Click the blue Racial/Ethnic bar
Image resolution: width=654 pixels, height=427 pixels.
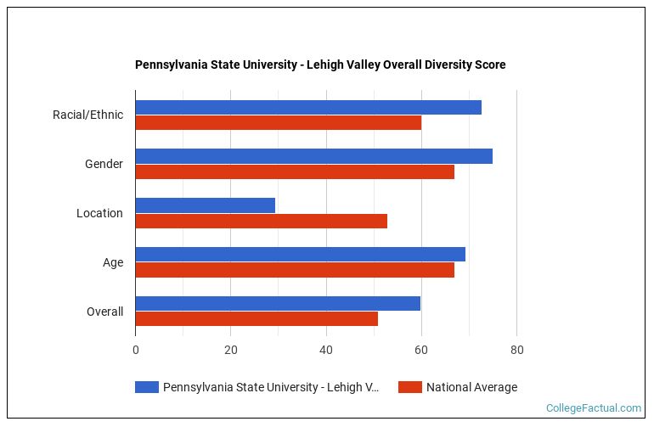tap(307, 107)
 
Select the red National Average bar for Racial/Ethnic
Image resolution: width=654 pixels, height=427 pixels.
tap(278, 123)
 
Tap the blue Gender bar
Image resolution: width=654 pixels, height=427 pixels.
tap(313, 156)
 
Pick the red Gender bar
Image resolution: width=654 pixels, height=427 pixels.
tap(295, 172)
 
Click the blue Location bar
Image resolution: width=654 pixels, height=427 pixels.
tap(205, 205)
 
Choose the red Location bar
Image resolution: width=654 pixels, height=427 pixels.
tap(261, 222)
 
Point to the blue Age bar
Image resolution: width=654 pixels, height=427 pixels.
tap(300, 255)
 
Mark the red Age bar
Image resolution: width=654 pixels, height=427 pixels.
tap(295, 271)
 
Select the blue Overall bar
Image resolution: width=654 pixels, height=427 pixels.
tap(278, 304)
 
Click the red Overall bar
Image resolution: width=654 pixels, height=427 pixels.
tap(257, 319)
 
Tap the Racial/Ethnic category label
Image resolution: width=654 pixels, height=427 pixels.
tap(87, 115)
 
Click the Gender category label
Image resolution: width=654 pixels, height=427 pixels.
tap(104, 164)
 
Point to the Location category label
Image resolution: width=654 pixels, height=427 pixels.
tap(99, 213)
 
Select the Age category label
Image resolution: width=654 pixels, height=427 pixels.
tap(113, 262)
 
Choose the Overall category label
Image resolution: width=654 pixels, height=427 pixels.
tap(104, 312)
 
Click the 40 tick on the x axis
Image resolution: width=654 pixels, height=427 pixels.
tap(325, 350)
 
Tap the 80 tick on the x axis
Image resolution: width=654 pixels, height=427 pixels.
tap(516, 350)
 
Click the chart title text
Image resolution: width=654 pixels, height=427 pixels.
tap(320, 65)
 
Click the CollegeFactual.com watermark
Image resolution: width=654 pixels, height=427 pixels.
tap(594, 408)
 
